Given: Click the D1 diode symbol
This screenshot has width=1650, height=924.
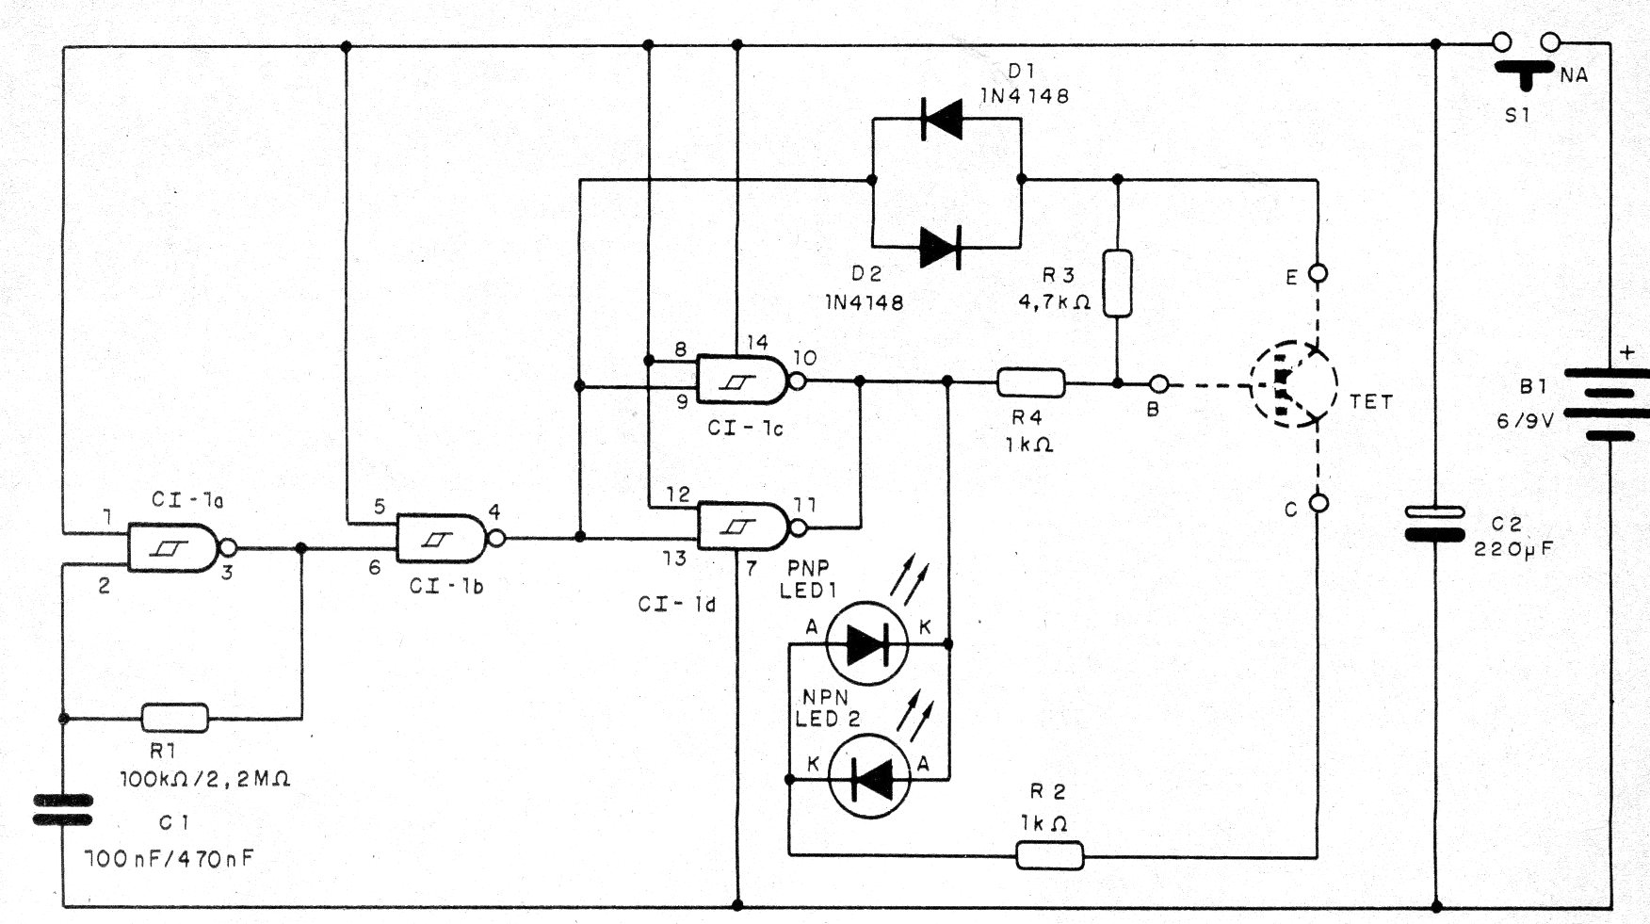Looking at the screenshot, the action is coord(941,120).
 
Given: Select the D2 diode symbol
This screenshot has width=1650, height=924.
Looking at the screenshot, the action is coord(941,249).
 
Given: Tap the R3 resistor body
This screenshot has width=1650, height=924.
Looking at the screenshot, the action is coord(1117,283).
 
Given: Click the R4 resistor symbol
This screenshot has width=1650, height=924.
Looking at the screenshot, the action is coord(1031,382).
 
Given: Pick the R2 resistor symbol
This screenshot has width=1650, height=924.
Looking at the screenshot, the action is coord(1050,855).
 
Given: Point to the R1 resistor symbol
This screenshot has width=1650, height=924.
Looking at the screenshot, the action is coord(175,718).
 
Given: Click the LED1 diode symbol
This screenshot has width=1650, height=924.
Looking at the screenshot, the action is coord(866,644).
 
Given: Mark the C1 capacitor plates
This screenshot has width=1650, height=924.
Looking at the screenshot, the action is coord(63,810).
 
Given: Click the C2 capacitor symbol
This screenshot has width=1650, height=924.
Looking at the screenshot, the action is coord(1434,524).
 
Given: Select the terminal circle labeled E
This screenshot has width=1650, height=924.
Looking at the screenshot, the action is coord(1318,274).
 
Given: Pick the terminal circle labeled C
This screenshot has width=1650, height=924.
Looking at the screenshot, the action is coord(1318,503).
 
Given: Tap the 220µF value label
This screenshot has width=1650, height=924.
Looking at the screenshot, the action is coord(1512,548).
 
